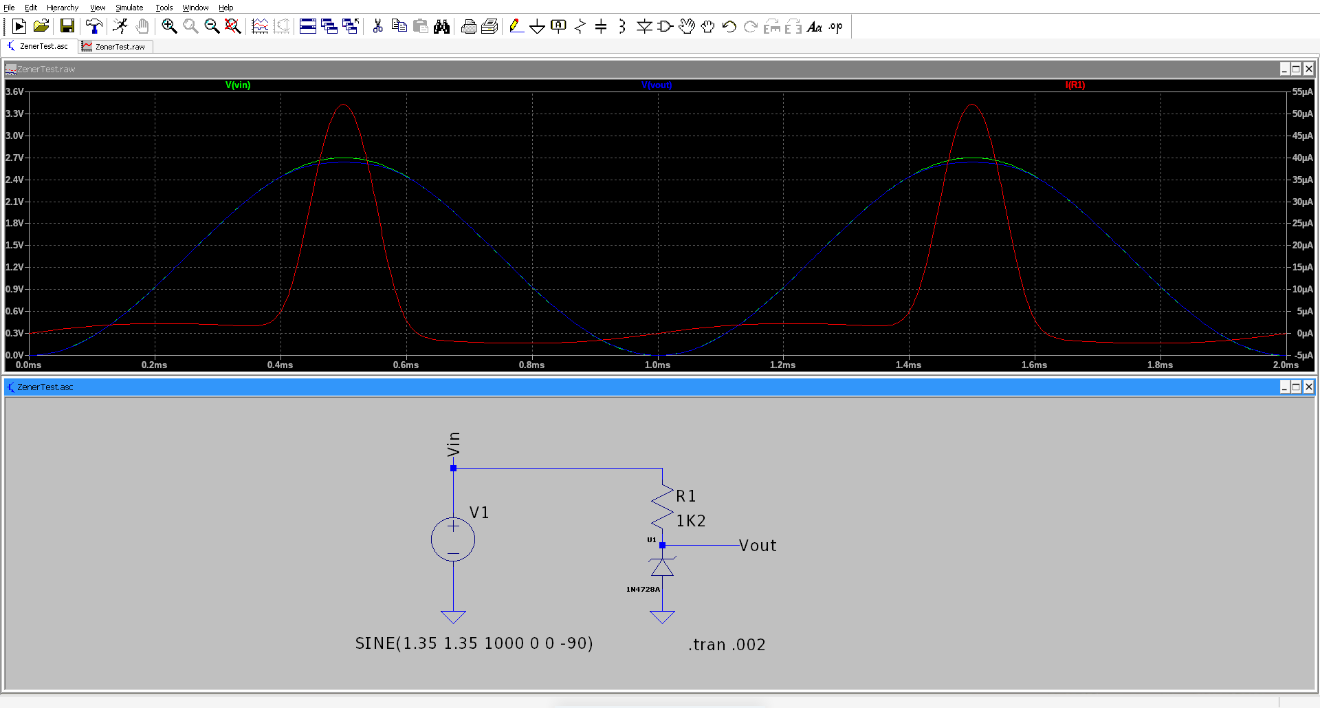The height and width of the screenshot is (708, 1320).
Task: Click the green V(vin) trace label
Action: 238,85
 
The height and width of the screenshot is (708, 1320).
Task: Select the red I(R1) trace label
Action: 1075,85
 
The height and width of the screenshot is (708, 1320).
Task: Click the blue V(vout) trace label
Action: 657,85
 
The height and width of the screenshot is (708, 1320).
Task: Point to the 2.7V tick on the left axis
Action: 14,158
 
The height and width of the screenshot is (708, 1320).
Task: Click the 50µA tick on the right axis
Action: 1303,114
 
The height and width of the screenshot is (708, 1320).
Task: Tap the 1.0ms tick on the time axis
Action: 657,365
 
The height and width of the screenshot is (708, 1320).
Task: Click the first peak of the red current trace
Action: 343,105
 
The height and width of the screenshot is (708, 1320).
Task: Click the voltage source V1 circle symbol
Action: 453,539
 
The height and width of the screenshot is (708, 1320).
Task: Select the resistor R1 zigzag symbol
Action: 662,506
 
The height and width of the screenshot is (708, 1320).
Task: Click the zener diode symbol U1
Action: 662,566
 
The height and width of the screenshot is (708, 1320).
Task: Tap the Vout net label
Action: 758,546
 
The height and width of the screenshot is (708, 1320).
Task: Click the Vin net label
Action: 453,444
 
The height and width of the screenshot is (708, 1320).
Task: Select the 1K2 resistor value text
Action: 691,521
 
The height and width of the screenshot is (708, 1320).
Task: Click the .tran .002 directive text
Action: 727,645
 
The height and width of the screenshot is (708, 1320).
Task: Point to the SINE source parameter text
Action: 474,643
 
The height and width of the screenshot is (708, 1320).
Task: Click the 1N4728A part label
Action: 643,590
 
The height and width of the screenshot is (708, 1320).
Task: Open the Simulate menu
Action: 129,8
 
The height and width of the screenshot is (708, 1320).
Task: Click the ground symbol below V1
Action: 453,616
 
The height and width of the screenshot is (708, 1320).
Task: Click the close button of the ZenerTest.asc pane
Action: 1308,387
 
